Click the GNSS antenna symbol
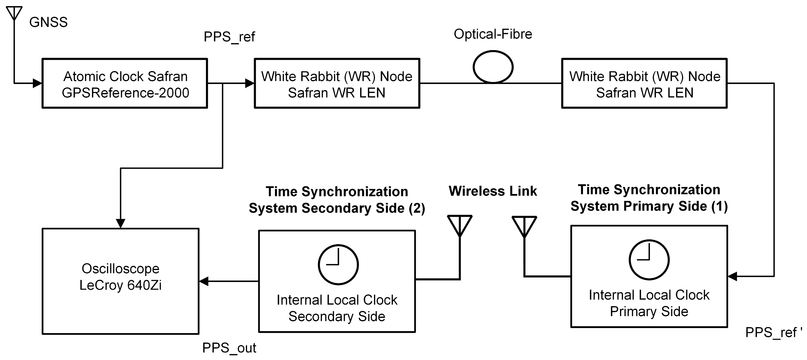coord(14,12)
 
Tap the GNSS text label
coord(49,22)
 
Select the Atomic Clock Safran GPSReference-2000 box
coord(125,83)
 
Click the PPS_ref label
coord(229,37)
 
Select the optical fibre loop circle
coord(493,67)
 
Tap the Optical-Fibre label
coord(493,34)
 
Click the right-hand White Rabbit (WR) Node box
coord(644,83)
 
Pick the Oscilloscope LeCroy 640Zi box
coord(121,281)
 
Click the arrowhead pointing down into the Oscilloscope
coord(121,223)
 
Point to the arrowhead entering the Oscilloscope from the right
coord(204,281)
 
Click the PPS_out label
coord(229,348)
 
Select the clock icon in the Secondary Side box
coord(338,265)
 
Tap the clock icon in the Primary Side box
coord(649,260)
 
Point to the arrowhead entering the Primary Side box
coord(732,276)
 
